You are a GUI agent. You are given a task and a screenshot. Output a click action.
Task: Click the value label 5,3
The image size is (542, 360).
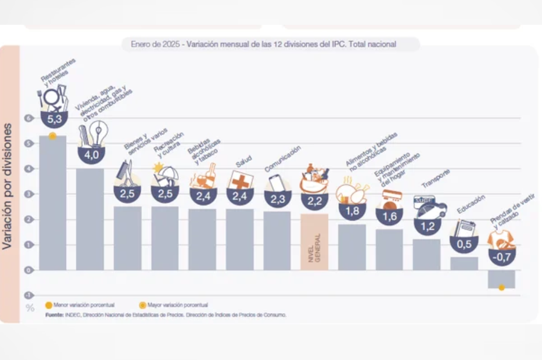(x=55, y=120)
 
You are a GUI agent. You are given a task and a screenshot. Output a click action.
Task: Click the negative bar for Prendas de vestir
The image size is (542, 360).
(x=501, y=279)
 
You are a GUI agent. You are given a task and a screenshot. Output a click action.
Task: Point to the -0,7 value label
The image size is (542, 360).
(x=501, y=257)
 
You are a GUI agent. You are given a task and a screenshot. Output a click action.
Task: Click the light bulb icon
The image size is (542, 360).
(x=99, y=133)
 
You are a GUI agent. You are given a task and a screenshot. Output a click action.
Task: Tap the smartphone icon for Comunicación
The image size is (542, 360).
(x=277, y=182)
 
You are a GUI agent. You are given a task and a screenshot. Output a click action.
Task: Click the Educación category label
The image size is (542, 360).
(x=471, y=205)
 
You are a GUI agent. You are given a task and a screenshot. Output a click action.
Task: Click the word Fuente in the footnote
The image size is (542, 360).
(x=55, y=314)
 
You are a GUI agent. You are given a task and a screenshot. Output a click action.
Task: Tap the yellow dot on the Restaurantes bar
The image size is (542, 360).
(x=53, y=136)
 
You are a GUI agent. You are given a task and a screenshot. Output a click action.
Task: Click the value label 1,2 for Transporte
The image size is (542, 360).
(x=427, y=226)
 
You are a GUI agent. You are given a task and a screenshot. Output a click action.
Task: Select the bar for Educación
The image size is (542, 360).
(x=464, y=264)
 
